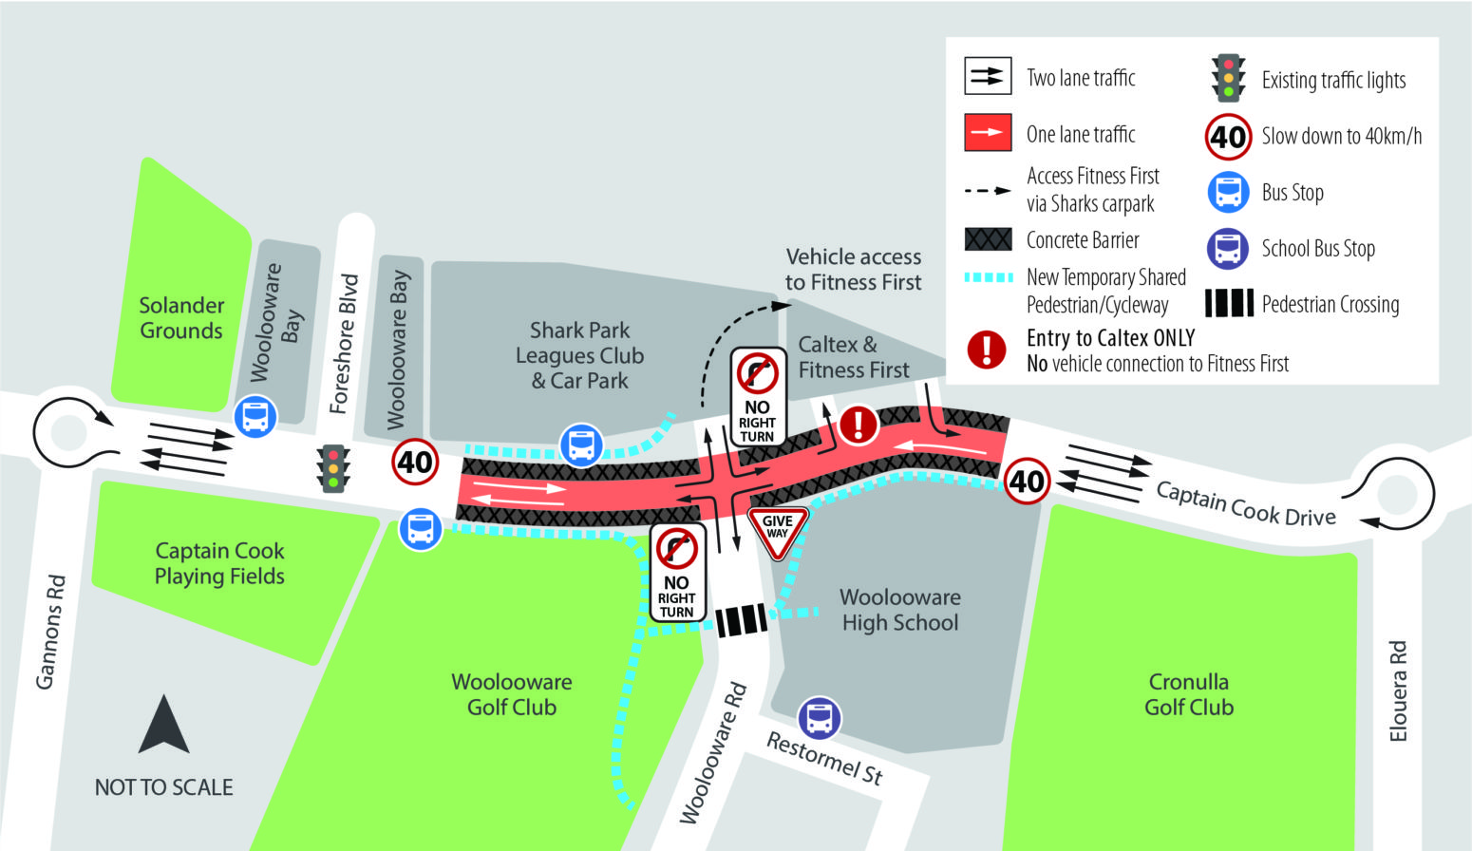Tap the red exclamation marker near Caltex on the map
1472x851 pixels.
(x=859, y=425)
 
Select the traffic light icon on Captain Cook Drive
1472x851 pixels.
(x=333, y=468)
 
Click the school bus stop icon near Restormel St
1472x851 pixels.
(x=819, y=718)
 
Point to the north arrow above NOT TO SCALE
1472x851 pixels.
(x=163, y=724)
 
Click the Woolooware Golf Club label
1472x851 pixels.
(x=512, y=694)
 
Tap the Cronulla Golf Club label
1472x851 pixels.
(x=1189, y=694)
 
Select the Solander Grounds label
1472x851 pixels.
(x=181, y=317)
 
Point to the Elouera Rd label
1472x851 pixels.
(x=1397, y=690)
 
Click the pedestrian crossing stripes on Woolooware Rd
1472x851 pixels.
(x=741, y=620)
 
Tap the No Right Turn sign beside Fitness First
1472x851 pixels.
(x=758, y=396)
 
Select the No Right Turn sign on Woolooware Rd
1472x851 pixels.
(x=677, y=572)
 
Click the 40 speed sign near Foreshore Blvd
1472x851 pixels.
(x=415, y=463)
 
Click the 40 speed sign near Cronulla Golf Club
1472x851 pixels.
(x=1027, y=481)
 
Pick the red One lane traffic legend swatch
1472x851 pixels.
(x=988, y=133)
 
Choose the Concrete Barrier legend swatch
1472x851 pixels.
(x=988, y=239)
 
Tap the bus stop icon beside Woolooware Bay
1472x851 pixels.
(x=255, y=417)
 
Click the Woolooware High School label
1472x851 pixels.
(x=899, y=610)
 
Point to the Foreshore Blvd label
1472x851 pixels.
(x=345, y=343)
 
